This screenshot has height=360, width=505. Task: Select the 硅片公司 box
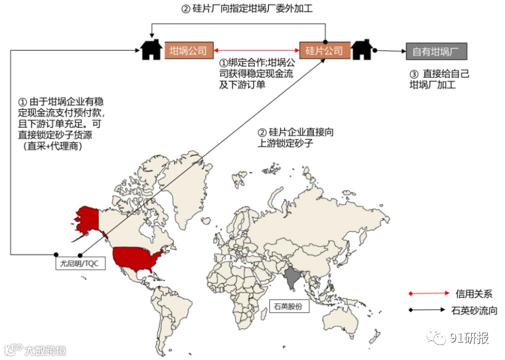tap(324, 51)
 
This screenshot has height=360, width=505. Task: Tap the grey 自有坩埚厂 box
tap(436, 51)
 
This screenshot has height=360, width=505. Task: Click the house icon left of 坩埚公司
tap(151, 50)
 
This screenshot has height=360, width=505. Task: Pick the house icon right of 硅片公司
tap(361, 50)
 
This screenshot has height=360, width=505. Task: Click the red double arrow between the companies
tap(256, 51)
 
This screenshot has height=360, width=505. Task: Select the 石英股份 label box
tap(289, 306)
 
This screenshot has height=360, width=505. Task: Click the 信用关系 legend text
tap(473, 293)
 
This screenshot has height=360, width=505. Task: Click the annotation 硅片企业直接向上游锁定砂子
tap(296, 138)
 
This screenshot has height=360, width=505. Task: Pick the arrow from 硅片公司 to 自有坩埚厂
tap(389, 51)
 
